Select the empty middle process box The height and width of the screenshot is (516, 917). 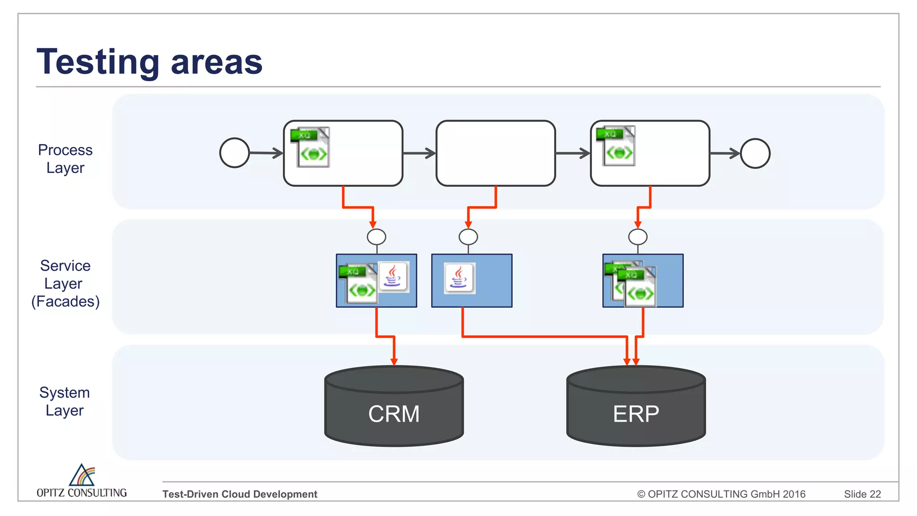[x=496, y=153]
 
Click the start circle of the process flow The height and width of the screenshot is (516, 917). [x=235, y=153]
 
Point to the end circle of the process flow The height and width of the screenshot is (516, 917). [x=755, y=153]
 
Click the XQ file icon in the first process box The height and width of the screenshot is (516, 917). [x=310, y=147]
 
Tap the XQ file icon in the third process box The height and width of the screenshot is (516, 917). [x=616, y=146]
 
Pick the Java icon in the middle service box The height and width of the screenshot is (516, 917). [x=459, y=278]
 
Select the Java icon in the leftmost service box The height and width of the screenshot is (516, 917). [x=393, y=276]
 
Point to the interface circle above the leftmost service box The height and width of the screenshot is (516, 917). [x=376, y=236]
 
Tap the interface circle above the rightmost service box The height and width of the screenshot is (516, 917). [x=638, y=236]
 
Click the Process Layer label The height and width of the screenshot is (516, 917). [x=65, y=159]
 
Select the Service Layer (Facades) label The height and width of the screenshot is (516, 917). [x=65, y=284]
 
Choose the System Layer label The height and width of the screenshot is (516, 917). [x=65, y=401]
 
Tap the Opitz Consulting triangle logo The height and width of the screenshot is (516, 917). [x=82, y=475]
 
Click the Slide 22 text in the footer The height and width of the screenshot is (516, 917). [x=862, y=494]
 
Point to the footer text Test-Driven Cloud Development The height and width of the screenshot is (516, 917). [x=240, y=494]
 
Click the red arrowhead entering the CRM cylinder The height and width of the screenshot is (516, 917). [x=394, y=362]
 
